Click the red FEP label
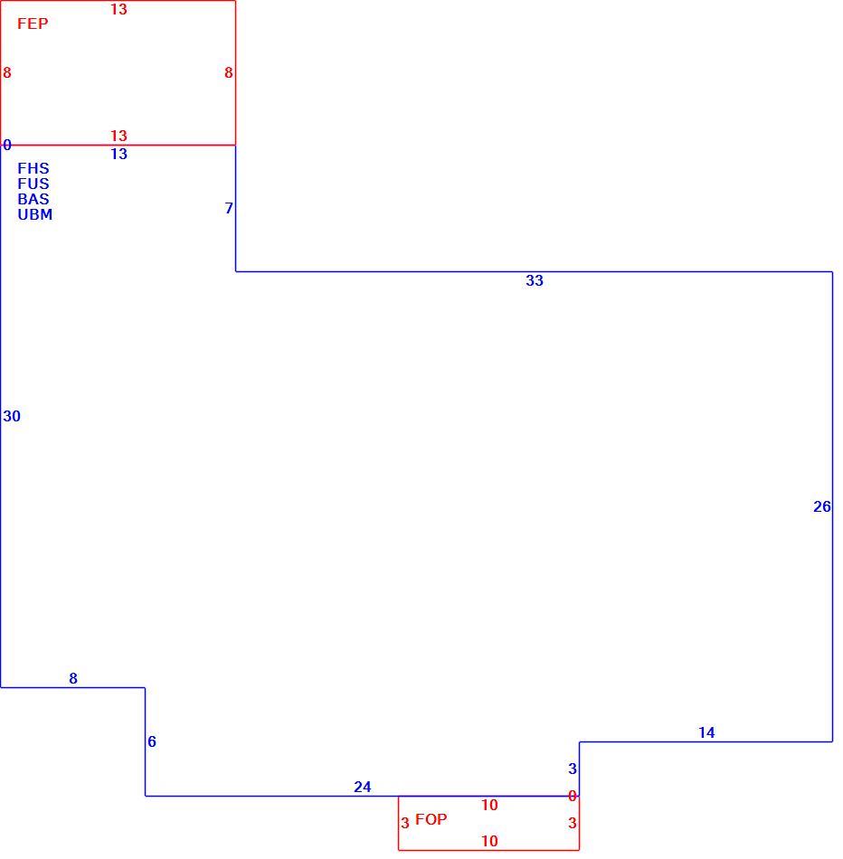33,24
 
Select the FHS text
33,168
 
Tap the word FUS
33,184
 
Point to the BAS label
33,199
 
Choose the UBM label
35,214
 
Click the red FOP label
431,819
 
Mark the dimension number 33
535,280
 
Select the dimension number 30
12,416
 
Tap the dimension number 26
822,506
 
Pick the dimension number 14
706,732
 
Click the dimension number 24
363,787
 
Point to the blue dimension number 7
229,208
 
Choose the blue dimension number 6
152,741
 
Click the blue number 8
73,678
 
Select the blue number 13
118,154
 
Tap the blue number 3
573,769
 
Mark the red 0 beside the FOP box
573,796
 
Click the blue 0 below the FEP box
6,145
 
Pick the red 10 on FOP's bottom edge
489,841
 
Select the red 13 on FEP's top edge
118,9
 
